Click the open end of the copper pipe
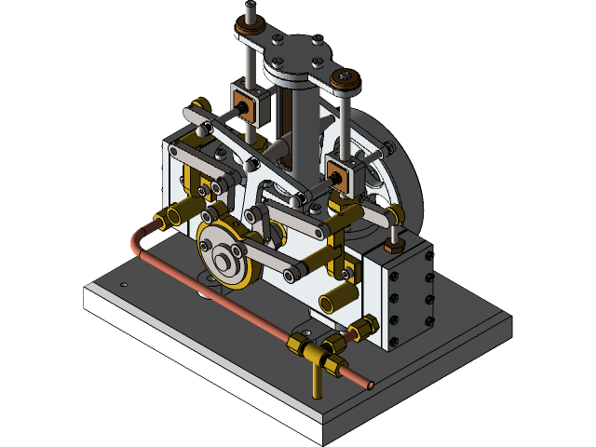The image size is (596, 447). [370, 384]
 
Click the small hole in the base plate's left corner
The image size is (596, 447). [123, 284]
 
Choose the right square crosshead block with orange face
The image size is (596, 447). [339, 169]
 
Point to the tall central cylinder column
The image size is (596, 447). [300, 130]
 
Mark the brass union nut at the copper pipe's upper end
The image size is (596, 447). [169, 219]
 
